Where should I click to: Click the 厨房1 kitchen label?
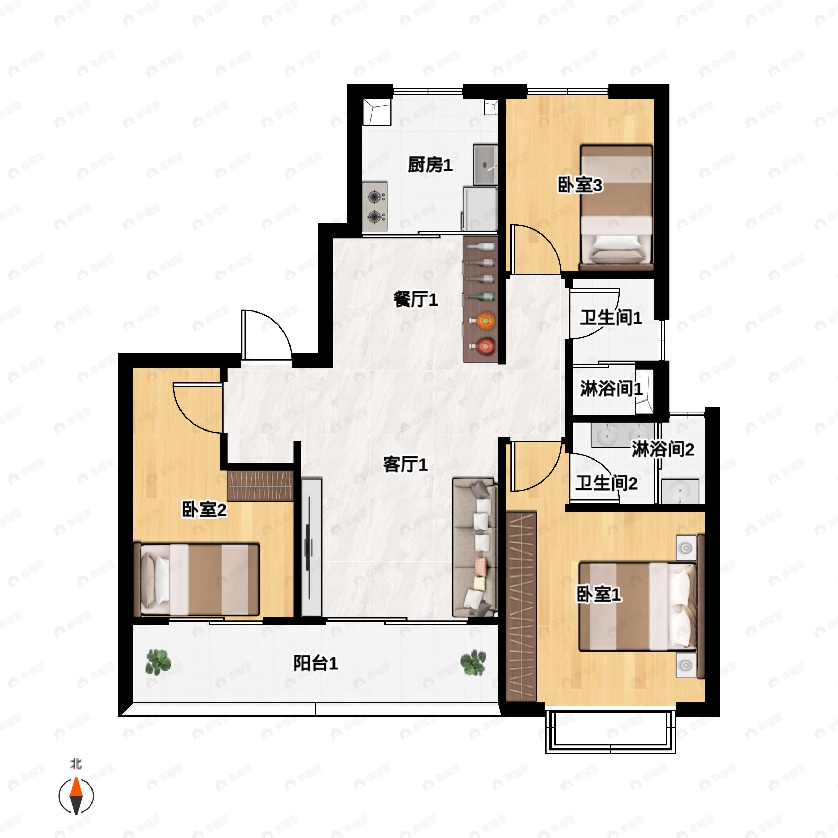(x=429, y=165)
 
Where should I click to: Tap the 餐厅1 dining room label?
(x=415, y=300)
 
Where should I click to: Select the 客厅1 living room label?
(x=405, y=465)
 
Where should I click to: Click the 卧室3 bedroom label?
(x=580, y=186)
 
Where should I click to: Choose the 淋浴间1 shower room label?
(x=611, y=389)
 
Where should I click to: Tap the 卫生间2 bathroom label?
(x=606, y=483)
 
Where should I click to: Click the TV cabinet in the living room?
(x=311, y=547)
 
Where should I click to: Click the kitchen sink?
(x=485, y=165)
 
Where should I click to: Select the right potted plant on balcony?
(x=473, y=662)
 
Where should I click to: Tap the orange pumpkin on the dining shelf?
(x=485, y=321)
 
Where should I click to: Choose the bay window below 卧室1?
(x=610, y=733)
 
